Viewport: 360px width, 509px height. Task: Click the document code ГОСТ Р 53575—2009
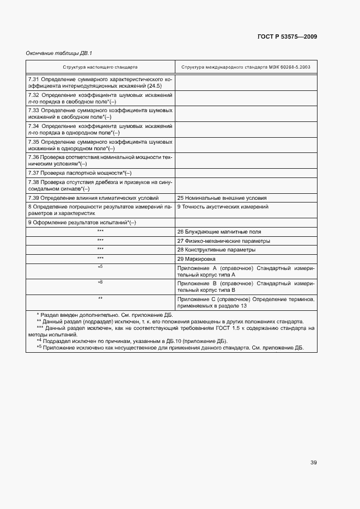[286, 36]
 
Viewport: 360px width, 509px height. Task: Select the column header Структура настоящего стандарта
[100, 67]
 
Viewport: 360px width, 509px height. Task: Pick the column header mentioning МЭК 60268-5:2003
[246, 67]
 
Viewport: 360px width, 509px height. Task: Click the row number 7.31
[34, 79]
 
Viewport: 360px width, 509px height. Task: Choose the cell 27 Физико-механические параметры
[223, 241]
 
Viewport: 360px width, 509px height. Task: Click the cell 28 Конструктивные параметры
[216, 249]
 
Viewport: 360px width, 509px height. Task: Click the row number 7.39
[34, 198]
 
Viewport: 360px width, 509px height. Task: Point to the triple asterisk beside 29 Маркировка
[100, 258]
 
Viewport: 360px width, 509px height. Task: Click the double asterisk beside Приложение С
[100, 299]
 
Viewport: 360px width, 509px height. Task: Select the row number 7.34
[34, 125]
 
